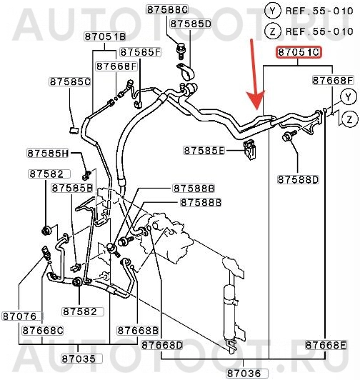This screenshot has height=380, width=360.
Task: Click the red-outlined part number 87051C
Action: [x=298, y=52]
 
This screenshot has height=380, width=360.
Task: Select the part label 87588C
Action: [x=168, y=10]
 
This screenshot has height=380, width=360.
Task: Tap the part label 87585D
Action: [x=190, y=24]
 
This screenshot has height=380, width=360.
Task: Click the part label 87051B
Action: [x=105, y=36]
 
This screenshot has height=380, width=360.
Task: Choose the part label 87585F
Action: [x=141, y=52]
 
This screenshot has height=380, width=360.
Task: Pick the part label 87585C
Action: [x=70, y=81]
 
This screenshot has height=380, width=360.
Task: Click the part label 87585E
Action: [x=204, y=151]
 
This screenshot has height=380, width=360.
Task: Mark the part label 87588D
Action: [x=298, y=180]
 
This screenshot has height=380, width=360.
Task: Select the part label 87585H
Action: [x=48, y=153]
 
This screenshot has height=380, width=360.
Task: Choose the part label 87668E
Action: [x=326, y=345]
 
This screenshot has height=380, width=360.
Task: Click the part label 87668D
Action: [x=161, y=345]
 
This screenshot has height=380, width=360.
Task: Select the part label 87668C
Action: [x=43, y=331]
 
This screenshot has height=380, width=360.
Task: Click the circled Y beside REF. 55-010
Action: [x=273, y=11]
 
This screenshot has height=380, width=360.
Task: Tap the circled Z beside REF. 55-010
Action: [x=273, y=31]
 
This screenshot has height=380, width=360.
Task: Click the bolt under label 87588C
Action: [x=181, y=51]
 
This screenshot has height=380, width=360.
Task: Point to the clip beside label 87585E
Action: [x=249, y=149]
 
